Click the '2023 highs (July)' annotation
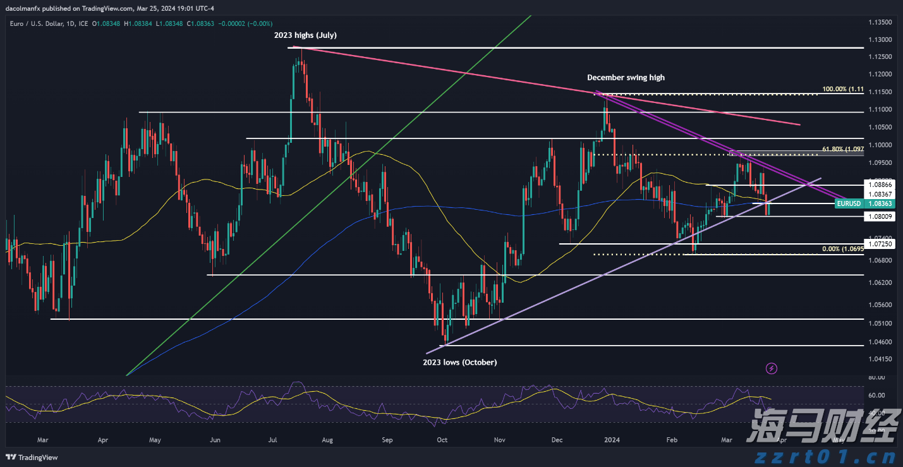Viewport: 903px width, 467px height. [305, 35]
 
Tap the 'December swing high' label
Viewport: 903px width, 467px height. [626, 78]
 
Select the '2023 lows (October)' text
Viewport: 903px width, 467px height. [459, 362]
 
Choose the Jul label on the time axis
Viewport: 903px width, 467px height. [274, 439]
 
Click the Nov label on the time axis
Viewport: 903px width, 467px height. [499, 439]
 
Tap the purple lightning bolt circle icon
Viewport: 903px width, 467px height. [771, 368]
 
